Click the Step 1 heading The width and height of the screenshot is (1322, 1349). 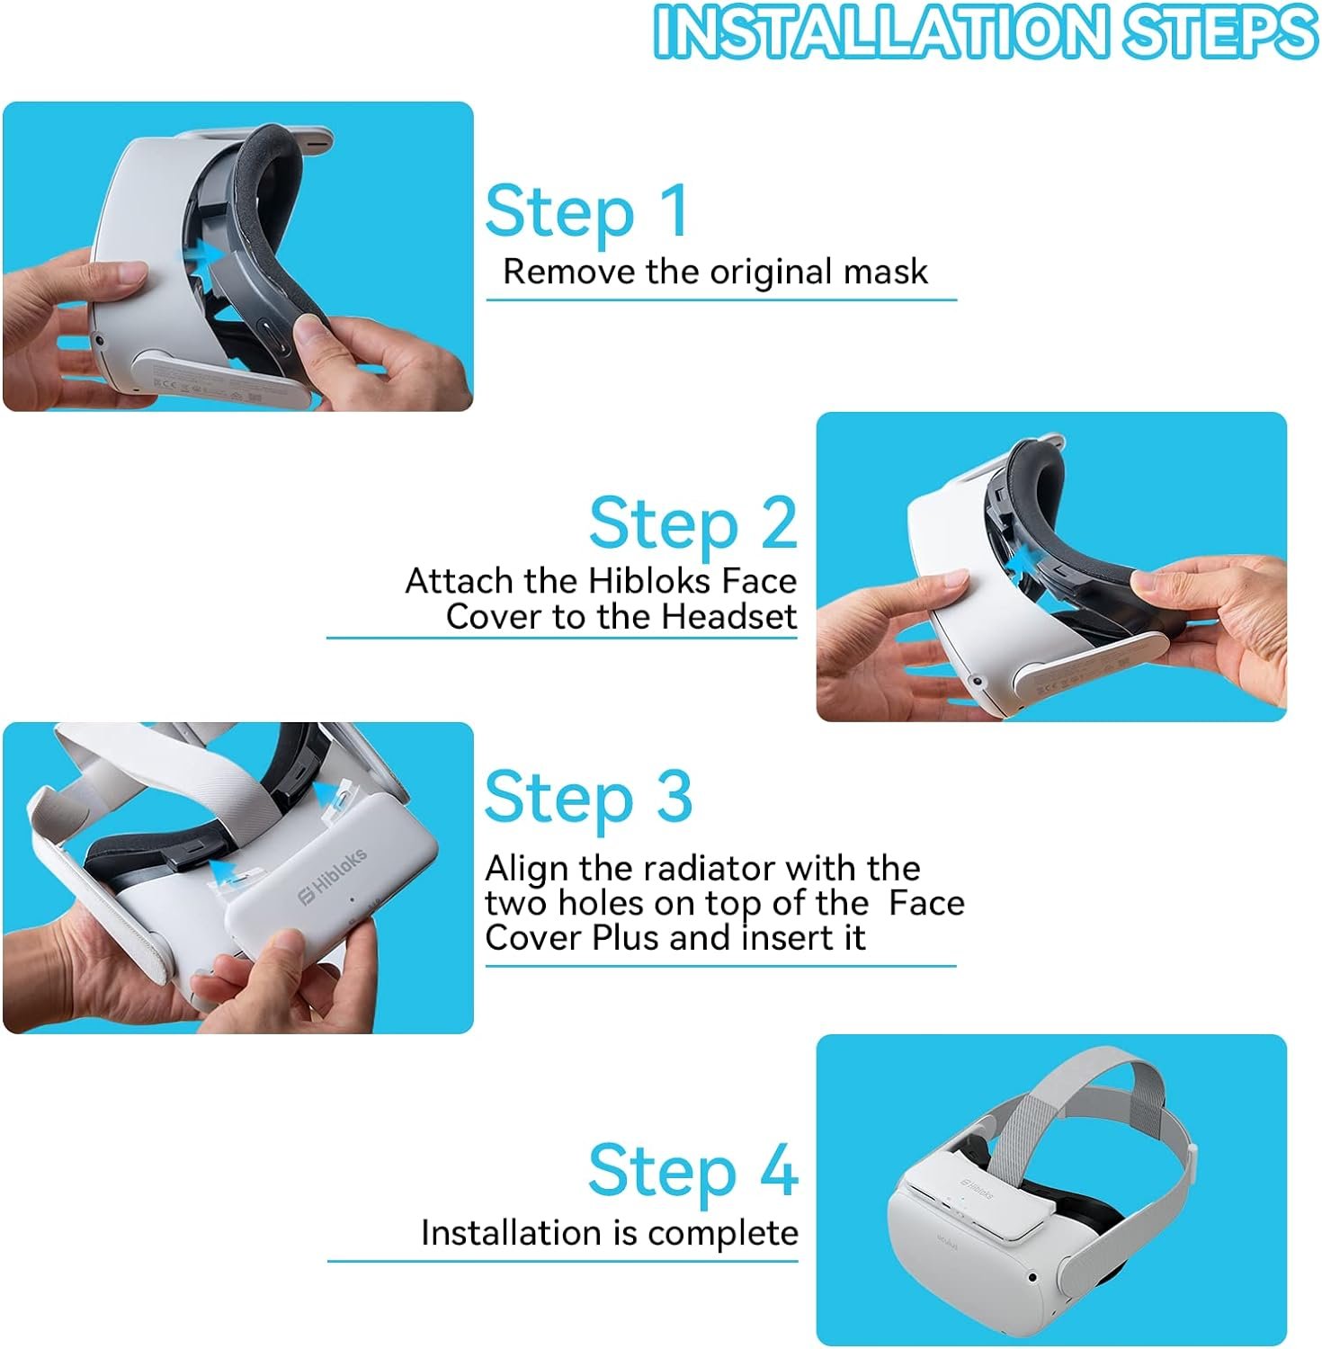point(587,212)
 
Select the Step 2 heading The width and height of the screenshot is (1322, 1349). point(693,523)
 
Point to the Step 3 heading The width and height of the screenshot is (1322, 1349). point(589,797)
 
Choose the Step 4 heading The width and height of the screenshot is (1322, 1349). point(693,1170)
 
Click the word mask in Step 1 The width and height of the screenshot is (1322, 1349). point(885,272)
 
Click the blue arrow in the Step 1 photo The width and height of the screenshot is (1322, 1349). point(205,261)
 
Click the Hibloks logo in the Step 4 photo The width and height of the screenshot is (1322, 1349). point(977,1188)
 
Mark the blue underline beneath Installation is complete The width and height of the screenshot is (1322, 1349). point(563,1261)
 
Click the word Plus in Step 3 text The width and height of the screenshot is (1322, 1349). point(627,938)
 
